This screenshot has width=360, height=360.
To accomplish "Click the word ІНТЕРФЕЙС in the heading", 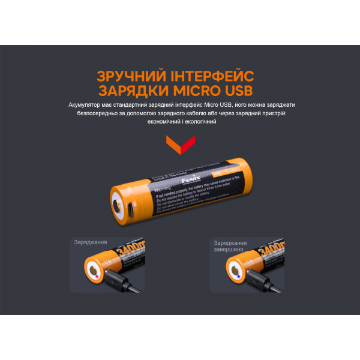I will tap(211, 76).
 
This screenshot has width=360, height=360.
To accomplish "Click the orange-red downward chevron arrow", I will tap(179, 144).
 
